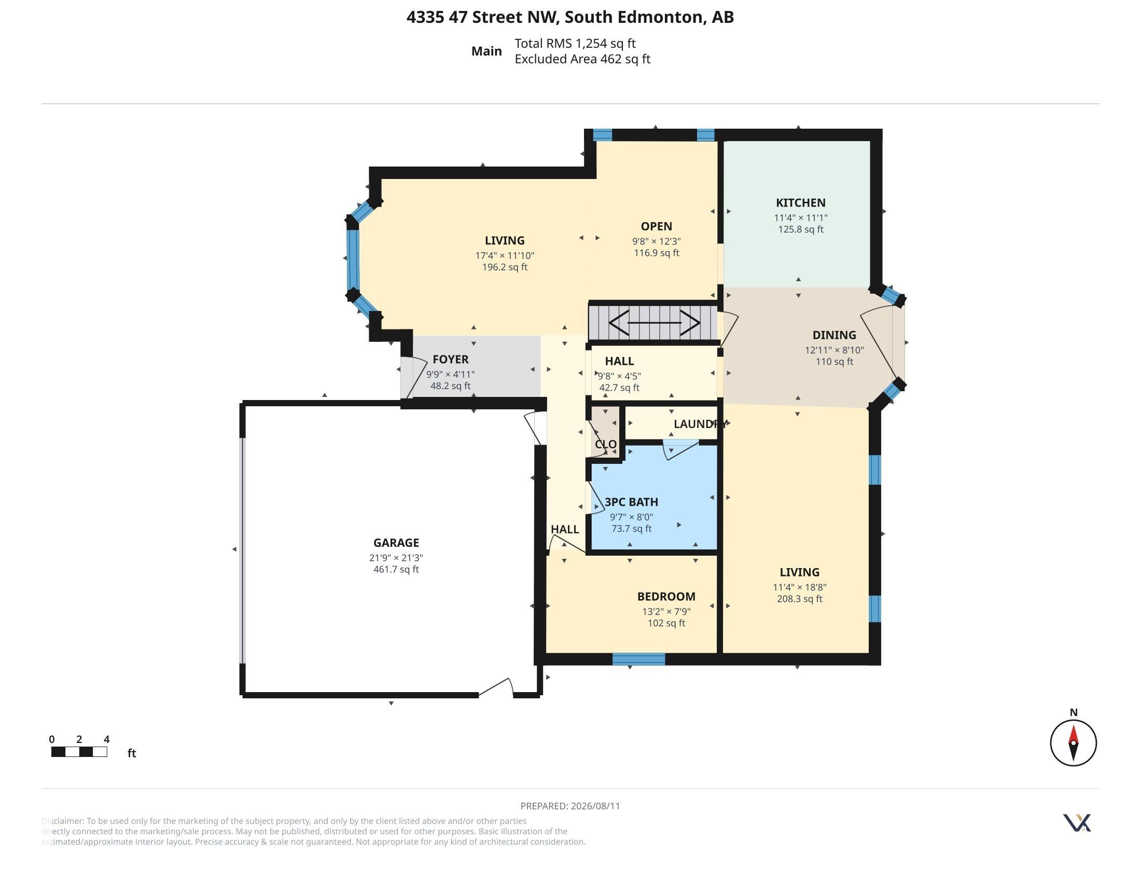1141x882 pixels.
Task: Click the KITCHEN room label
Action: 800,203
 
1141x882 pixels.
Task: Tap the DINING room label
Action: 834,335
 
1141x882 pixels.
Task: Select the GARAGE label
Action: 396,543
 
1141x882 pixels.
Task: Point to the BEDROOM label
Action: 666,597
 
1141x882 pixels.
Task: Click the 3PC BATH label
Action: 631,502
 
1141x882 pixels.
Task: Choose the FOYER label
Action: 450,360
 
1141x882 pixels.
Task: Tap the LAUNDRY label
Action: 700,424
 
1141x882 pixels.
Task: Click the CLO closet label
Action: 605,444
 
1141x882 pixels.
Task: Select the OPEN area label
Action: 656,226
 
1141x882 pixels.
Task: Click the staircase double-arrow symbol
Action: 654,322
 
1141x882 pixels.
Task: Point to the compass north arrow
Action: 1073,742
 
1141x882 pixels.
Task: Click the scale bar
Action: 79,752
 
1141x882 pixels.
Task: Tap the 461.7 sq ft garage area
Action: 396,570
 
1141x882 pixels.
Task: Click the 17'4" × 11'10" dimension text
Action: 505,255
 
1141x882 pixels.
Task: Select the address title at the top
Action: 570,17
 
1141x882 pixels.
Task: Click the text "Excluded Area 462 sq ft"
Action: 582,59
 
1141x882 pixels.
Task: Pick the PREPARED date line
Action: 570,806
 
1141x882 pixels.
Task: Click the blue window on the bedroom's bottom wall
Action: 638,659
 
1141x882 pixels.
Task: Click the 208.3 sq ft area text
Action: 799,599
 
